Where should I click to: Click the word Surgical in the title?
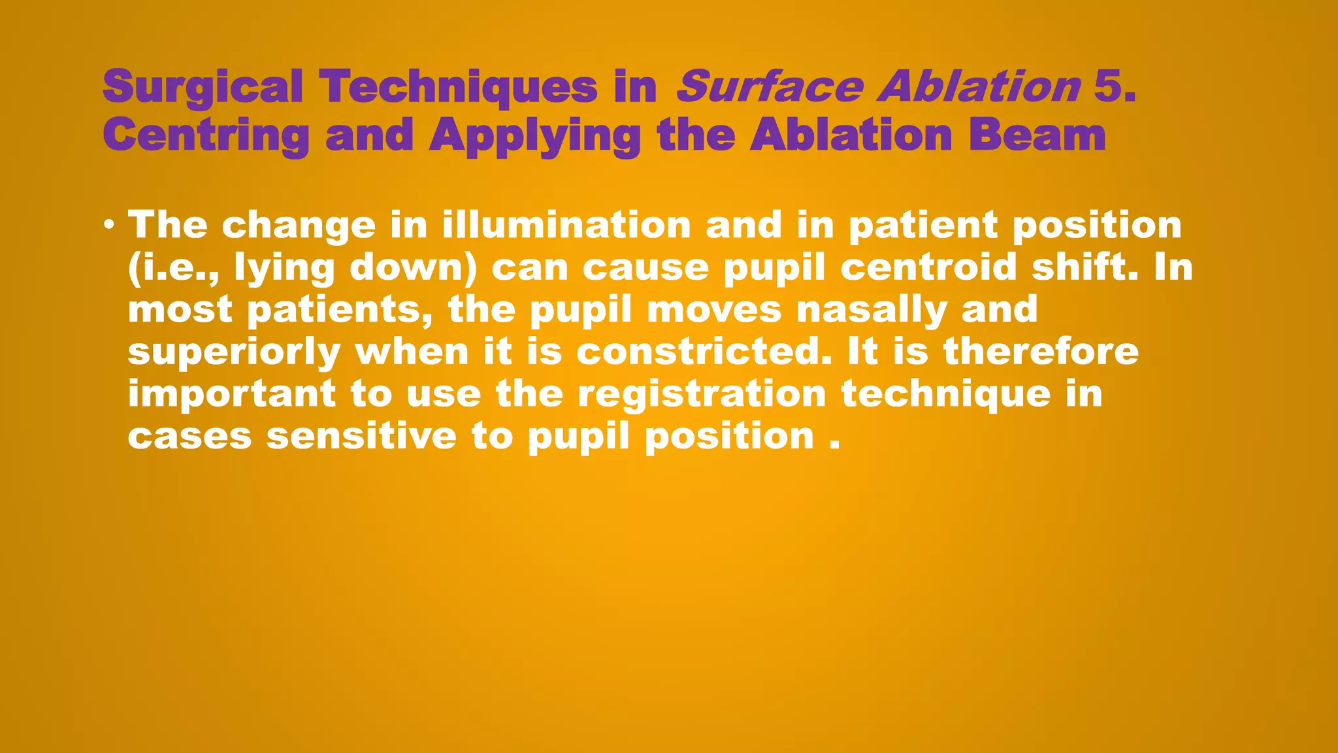203,88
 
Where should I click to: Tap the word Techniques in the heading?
458,88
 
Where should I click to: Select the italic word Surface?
769,86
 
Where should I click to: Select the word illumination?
566,225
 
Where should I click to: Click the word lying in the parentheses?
284,268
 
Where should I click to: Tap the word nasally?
872,309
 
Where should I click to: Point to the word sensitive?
361,436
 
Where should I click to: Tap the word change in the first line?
299,226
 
